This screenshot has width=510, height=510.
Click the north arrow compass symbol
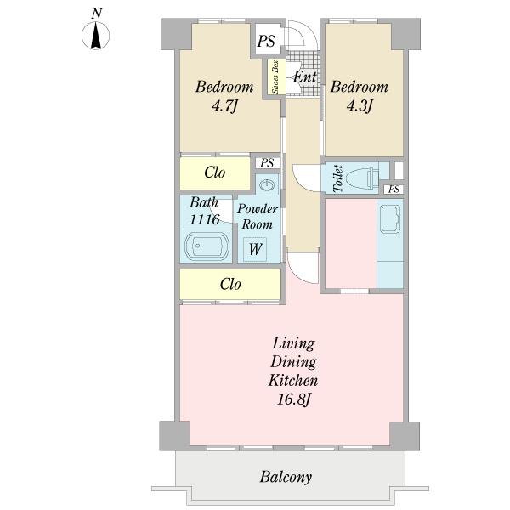click(95, 36)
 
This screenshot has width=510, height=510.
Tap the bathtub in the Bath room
click(207, 246)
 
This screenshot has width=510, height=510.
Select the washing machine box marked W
click(255, 249)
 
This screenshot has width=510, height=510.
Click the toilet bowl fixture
click(363, 178)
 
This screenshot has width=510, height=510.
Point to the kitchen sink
click(390, 219)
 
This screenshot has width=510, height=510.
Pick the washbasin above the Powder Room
click(268, 185)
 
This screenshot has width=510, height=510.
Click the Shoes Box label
click(275, 76)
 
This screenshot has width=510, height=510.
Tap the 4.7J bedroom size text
click(224, 105)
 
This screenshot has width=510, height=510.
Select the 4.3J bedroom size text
click(360, 105)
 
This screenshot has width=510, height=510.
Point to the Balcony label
click(286, 477)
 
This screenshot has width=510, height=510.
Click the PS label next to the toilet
click(394, 189)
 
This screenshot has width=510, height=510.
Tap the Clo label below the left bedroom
click(215, 173)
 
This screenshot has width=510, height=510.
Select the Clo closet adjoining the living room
click(230, 284)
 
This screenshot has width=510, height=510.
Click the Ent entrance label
click(304, 77)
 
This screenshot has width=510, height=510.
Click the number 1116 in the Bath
click(205, 220)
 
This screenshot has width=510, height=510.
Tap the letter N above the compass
click(96, 14)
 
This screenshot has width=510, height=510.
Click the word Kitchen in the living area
click(293, 381)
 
